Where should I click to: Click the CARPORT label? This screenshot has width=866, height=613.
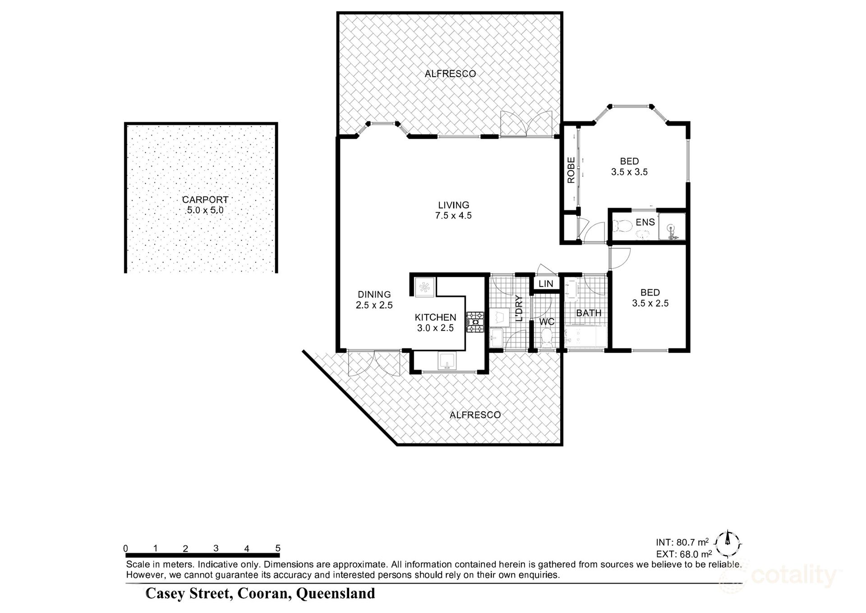[205, 199]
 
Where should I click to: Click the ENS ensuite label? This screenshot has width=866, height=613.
[645, 222]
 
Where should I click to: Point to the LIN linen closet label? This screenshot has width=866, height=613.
[546, 284]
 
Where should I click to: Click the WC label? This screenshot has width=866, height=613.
[547, 322]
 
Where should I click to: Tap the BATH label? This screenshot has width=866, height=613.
[589, 313]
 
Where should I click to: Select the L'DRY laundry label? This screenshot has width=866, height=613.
[519, 308]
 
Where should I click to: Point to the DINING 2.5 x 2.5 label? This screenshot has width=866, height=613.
[374, 300]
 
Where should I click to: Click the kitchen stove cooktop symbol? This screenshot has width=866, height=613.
[475, 322]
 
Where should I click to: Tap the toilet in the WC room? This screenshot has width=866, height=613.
[547, 338]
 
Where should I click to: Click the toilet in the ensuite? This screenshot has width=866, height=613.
[625, 225]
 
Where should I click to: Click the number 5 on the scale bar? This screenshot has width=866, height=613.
[278, 548]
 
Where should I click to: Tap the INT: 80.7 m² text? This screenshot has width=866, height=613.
[682, 542]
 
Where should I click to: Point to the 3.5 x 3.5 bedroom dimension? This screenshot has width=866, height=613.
[629, 172]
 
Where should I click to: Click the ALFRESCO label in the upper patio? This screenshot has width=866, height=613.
[450, 74]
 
